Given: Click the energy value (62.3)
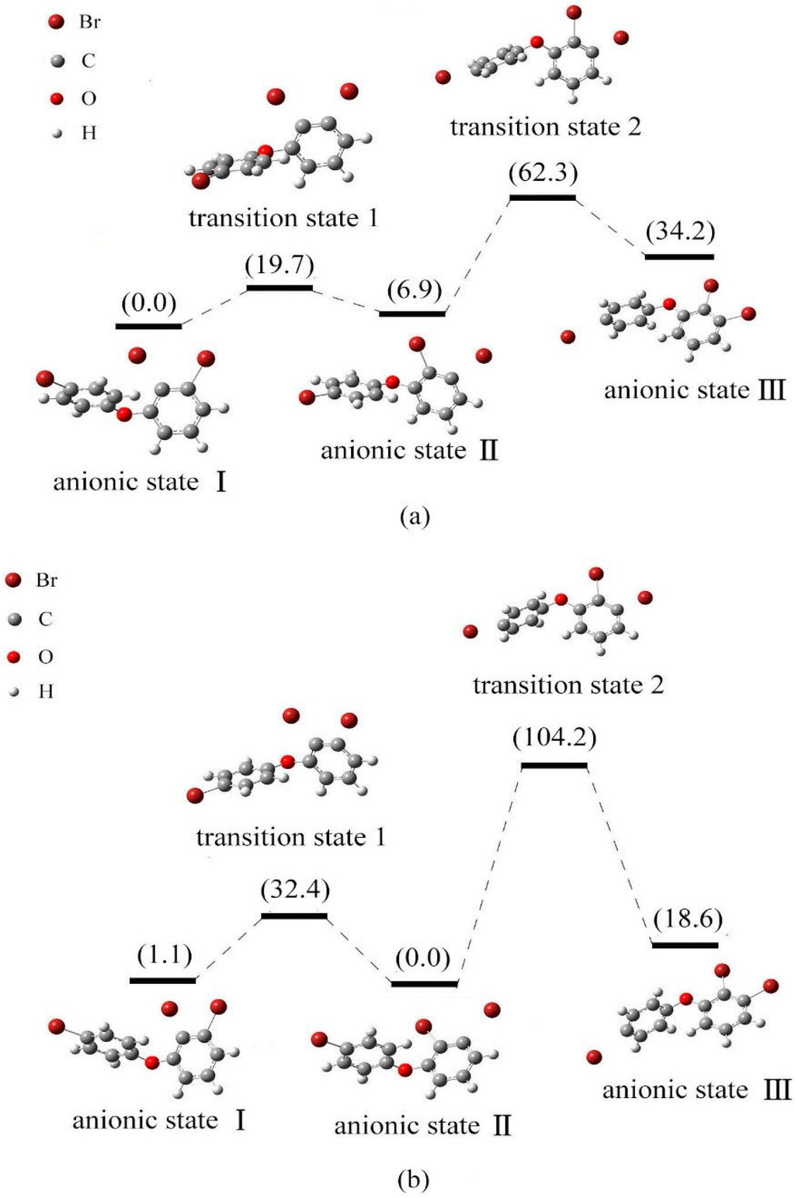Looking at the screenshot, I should click(543, 172).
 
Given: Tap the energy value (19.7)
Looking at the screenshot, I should click(279, 265).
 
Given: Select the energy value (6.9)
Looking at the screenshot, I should click(415, 290).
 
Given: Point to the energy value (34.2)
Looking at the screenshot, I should click(680, 231).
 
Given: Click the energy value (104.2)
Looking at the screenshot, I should click(554, 737).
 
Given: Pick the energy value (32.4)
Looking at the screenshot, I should click(295, 889).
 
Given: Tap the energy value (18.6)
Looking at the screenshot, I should click(688, 919).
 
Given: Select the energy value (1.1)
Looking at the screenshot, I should click(165, 954).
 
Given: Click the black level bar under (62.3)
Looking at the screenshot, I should click(542, 198).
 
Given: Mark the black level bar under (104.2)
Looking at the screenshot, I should click(554, 766).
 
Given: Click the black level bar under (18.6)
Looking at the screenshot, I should click(685, 945).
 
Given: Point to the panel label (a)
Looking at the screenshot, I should click(413, 516).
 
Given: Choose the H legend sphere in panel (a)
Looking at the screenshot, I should click(57, 134).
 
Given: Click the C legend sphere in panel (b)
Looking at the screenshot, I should click(12, 619).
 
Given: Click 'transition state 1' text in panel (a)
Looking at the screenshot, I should click(283, 218).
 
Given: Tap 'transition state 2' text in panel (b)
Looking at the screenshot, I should click(568, 685).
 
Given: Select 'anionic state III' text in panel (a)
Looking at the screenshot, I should click(695, 390).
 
